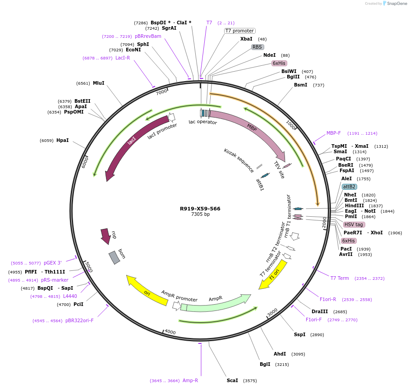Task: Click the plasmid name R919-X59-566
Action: pos(200,209)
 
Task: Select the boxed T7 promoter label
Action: pos(239,31)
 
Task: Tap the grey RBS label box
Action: pos(257,47)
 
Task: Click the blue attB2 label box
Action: pos(349,187)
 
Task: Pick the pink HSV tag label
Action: pos(354,224)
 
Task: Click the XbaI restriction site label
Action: pos(246,39)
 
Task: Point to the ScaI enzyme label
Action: pos(232,380)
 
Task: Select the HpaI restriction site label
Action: pos(62,141)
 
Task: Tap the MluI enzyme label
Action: pos(98,83)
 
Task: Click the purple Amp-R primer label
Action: pos(190,380)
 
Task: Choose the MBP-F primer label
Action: pos(334,133)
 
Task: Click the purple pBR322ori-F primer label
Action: pos(79,320)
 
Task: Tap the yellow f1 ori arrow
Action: pos(273,274)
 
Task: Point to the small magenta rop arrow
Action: pos(106,236)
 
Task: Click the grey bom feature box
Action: pos(114,257)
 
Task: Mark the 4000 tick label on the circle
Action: pos(170,332)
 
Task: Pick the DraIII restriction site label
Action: pos(319,311)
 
